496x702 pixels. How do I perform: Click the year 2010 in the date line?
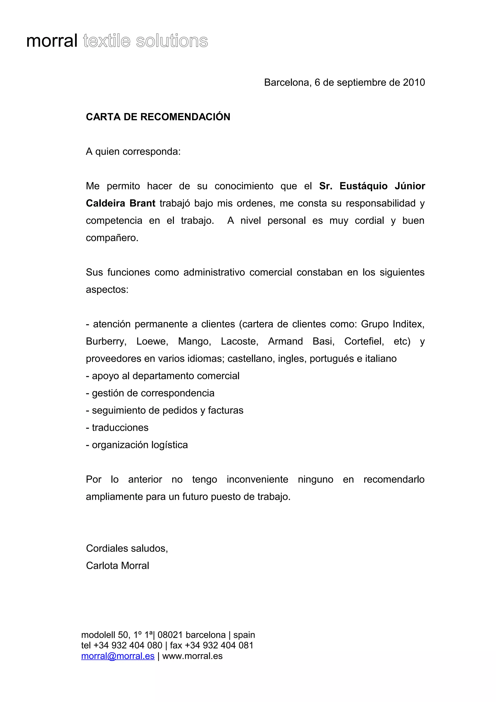pos(414,83)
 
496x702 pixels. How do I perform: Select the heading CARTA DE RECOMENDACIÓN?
pos(158,117)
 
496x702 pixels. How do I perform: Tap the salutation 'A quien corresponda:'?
pos(133,152)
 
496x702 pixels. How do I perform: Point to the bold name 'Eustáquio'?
pos(363,186)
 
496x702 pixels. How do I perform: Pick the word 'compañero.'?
pos(112,238)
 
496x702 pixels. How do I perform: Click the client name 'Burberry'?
pos(106,342)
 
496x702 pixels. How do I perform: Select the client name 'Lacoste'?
pos(239,342)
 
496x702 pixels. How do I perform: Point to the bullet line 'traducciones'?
pos(120,428)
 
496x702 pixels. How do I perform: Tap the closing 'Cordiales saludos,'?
pos(127,548)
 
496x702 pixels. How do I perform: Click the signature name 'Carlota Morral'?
pos(117,566)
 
